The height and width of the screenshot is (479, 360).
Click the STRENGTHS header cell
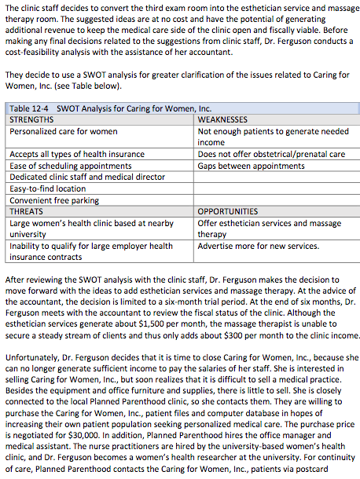31,119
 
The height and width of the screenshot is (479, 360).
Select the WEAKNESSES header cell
223,119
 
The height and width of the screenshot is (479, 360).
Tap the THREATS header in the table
27,211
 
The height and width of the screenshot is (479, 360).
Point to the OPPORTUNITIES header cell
228,211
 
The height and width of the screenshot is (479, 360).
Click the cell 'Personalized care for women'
64,131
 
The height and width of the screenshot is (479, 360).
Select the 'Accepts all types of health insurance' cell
77,155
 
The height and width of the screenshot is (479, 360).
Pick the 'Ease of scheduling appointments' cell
70,166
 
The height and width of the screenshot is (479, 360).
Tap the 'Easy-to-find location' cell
48,188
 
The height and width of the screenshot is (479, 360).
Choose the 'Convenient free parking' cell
55,199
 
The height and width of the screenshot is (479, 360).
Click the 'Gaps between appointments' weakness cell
250,166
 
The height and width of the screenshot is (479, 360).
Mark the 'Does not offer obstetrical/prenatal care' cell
271,155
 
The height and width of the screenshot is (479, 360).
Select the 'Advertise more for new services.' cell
259,246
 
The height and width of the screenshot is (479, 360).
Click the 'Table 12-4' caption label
30,108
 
